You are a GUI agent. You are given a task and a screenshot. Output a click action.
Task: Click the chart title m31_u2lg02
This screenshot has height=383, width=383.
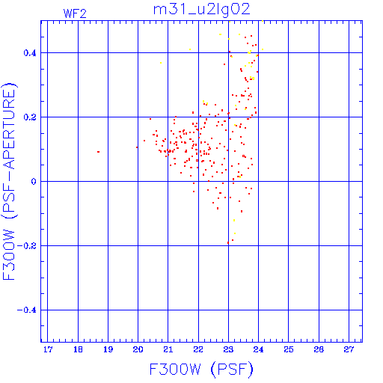201,10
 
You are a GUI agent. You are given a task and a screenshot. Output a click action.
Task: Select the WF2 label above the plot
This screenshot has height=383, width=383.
75,13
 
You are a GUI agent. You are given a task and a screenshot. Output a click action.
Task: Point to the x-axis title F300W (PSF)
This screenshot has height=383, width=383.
201,370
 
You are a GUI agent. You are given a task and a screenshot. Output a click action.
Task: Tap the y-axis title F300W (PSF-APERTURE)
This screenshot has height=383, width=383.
9,182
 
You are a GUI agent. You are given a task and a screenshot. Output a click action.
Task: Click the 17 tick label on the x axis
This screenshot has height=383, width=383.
48,349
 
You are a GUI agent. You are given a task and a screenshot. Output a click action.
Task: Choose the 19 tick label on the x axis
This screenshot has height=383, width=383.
108,349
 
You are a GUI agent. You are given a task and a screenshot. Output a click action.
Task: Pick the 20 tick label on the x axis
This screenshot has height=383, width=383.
138,349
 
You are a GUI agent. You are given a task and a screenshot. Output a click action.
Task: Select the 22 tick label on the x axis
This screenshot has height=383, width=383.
198,349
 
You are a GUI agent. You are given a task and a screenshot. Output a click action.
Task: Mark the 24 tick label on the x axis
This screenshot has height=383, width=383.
258,349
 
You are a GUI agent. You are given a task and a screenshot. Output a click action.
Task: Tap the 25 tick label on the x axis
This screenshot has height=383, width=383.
289,349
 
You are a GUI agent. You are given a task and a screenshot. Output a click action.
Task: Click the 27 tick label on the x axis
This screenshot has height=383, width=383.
349,349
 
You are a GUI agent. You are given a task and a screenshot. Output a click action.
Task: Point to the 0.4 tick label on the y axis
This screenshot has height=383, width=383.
30,53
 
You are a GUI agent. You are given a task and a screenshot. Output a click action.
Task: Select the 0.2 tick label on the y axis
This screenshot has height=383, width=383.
30,117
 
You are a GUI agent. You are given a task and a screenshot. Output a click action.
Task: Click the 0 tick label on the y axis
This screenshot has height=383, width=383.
34,182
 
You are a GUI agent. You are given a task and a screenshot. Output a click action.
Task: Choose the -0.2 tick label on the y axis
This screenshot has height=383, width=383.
27,246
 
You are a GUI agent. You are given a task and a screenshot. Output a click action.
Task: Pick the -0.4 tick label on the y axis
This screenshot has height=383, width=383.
27,310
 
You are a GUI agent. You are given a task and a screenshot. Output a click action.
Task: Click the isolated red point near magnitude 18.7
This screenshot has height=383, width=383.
99,152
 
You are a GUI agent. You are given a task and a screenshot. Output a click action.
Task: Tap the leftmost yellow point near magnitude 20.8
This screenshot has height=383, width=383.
161,63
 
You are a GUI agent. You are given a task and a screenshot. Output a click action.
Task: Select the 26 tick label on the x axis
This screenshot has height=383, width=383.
319,349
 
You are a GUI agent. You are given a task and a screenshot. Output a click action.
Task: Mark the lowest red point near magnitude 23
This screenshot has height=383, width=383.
228,242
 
